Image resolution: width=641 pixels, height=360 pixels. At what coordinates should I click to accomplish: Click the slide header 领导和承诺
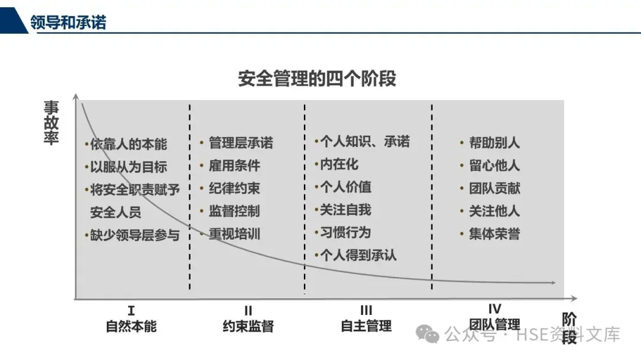pyautogui.click(x=68, y=23)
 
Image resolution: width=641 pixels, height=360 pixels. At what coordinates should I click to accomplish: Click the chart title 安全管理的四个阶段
pyautogui.click(x=317, y=78)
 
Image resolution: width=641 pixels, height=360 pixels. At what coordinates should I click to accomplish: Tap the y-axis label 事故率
pyautogui.click(x=52, y=123)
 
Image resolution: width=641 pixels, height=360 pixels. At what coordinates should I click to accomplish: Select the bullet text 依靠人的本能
pyautogui.click(x=129, y=144)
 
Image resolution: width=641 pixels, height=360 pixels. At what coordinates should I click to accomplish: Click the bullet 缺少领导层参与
pyautogui.click(x=135, y=235)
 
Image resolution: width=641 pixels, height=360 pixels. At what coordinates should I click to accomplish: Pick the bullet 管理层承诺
pyautogui.click(x=240, y=143)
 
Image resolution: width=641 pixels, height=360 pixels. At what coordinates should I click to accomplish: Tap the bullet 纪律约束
pyautogui.click(x=234, y=189)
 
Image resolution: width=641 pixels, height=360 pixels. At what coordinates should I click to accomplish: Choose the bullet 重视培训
pyautogui.click(x=234, y=234)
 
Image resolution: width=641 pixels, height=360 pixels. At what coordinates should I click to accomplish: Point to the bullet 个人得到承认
pyautogui.click(x=358, y=255)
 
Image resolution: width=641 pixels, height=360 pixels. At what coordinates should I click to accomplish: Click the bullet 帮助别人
pyautogui.click(x=494, y=143)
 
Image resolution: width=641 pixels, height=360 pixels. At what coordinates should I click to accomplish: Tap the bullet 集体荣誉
pyautogui.click(x=494, y=234)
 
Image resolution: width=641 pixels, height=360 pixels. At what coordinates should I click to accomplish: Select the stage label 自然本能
pyautogui.click(x=131, y=326)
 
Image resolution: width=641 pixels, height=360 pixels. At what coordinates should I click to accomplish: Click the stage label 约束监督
pyautogui.click(x=248, y=326)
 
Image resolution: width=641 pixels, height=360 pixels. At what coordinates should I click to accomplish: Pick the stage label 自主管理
pyautogui.click(x=366, y=326)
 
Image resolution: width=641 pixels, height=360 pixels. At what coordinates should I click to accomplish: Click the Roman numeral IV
pyautogui.click(x=494, y=309)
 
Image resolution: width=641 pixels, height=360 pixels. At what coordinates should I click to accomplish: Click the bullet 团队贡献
pyautogui.click(x=494, y=189)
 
